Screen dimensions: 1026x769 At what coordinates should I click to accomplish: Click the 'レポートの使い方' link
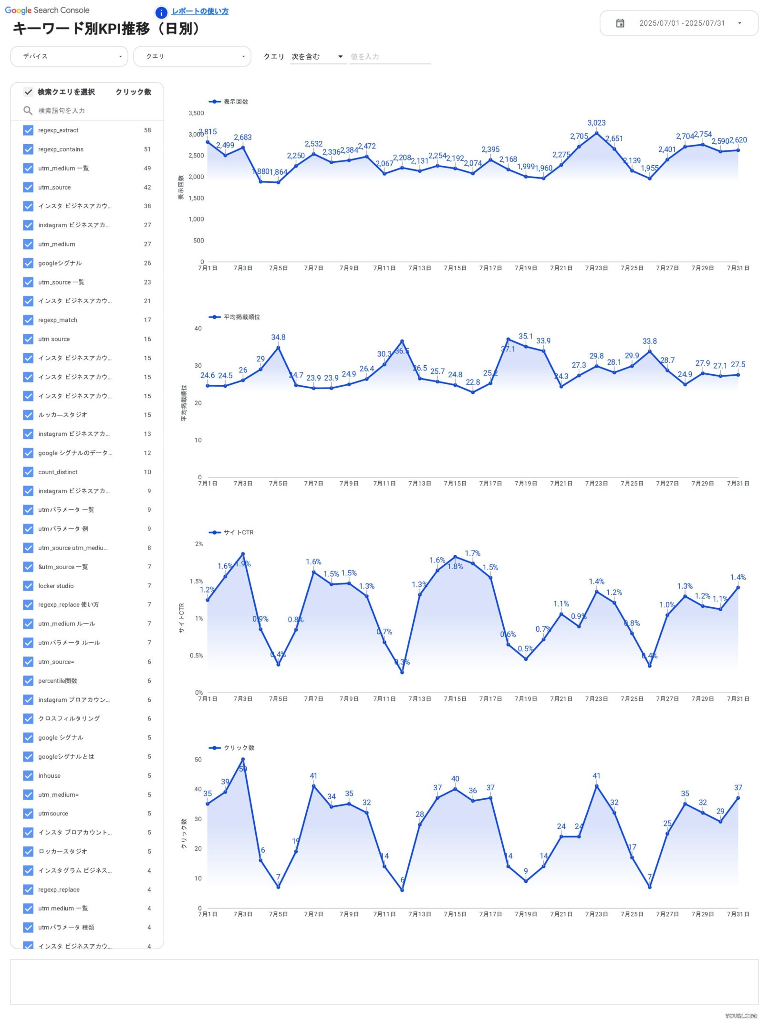[x=200, y=11]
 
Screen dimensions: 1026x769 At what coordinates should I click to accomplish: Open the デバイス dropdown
[x=69, y=56]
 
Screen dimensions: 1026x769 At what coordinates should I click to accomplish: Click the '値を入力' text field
[x=389, y=57]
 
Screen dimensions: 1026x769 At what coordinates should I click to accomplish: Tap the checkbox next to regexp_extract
[x=29, y=130]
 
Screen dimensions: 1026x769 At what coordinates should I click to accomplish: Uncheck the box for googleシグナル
[x=29, y=263]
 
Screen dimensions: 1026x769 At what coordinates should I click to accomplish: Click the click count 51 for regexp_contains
[x=147, y=149]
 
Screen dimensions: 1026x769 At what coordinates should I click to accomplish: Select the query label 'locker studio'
[x=56, y=586]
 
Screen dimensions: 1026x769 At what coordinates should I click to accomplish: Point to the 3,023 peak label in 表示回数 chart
[x=596, y=123]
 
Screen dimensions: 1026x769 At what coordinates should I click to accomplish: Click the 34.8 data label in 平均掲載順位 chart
[x=278, y=338]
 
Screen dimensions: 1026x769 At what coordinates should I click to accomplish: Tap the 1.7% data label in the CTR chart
[x=472, y=553]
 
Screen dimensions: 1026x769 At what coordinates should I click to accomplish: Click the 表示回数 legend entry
[x=229, y=102]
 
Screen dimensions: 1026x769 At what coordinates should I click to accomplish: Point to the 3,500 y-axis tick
[x=196, y=114]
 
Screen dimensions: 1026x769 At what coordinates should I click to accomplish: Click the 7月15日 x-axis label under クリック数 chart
[x=455, y=914]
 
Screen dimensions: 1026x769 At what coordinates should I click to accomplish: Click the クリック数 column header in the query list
[x=133, y=92]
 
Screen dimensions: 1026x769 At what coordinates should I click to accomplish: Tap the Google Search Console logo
[x=47, y=10]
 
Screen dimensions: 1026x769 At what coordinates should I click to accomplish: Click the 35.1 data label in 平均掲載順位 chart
[x=525, y=337]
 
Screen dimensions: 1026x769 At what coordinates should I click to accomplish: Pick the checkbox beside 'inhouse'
[x=29, y=775]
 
